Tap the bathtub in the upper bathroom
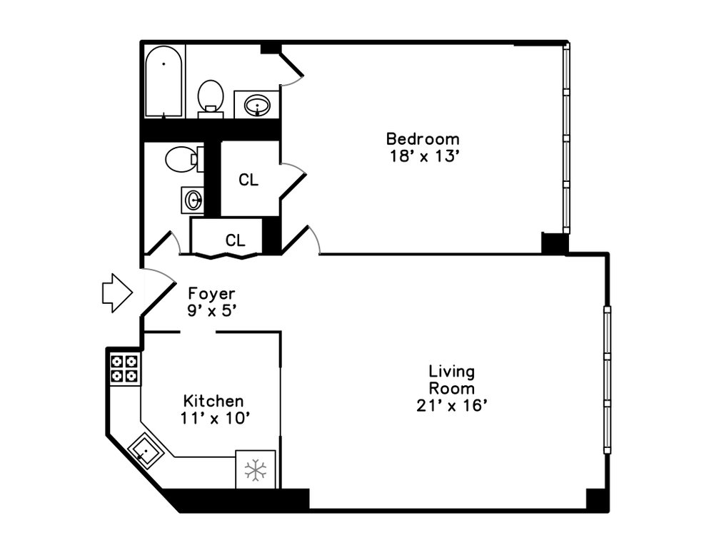(164, 81)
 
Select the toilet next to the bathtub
(211, 97)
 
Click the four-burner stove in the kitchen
(125, 369)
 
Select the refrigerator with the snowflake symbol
(255, 469)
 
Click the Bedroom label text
(423, 138)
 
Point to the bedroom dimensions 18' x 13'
(423, 156)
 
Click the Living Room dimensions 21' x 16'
(451, 406)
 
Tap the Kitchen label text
(213, 401)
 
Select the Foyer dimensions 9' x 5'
(211, 311)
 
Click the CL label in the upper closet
(248, 180)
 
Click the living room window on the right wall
(607, 379)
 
